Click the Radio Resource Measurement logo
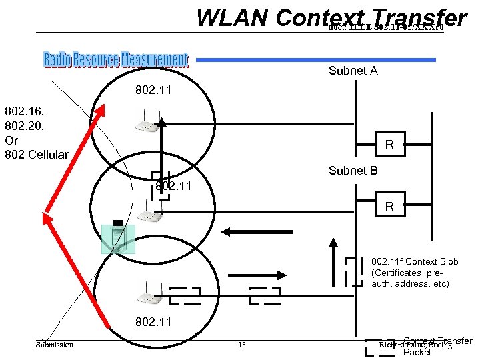pos(116,60)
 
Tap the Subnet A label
pos(353,71)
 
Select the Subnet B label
pos(353,171)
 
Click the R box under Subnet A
pos(389,145)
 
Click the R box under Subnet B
pos(389,207)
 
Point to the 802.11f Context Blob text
pos(410,273)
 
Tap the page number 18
pos(242,345)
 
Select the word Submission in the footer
pos(55,345)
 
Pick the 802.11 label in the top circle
pos(153,89)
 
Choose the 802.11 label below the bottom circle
pos(153,322)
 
